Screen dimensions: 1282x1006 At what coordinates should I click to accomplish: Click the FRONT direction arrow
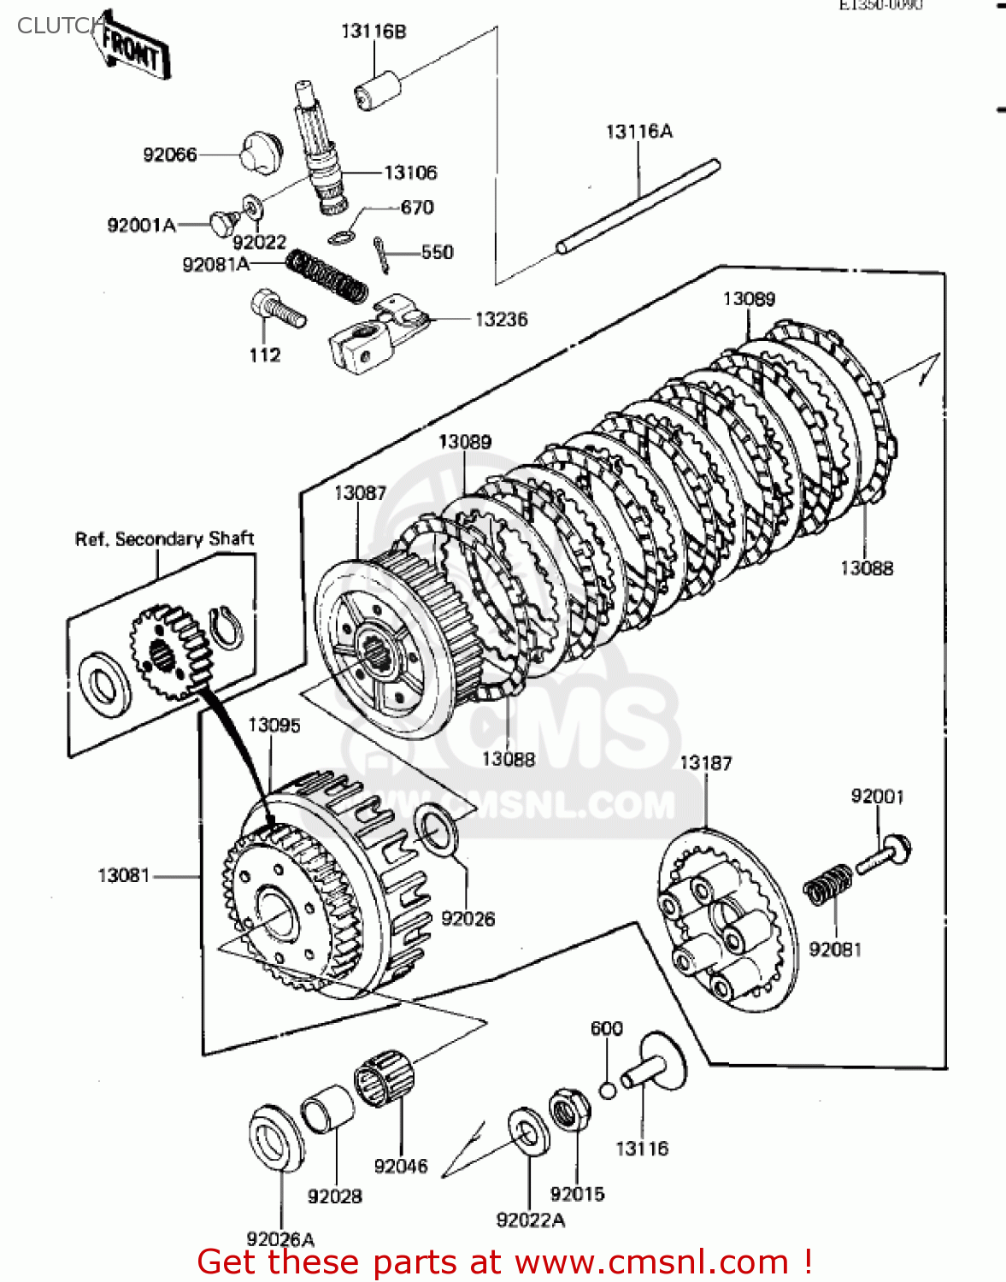tap(132, 49)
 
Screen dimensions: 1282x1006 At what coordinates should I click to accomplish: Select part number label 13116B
tap(374, 32)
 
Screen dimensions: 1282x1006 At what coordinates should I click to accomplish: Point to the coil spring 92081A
tap(327, 275)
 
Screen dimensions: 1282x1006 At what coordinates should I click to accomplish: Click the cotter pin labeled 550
tap(381, 254)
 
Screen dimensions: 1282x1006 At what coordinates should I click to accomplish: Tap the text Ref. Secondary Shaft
tap(164, 538)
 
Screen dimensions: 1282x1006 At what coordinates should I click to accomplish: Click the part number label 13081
tap(123, 875)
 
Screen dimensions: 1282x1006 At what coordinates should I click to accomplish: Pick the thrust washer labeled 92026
tap(436, 827)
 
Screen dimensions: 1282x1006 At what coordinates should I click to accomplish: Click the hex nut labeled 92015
tap(568, 1110)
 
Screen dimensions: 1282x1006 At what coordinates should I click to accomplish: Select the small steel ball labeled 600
tap(607, 1091)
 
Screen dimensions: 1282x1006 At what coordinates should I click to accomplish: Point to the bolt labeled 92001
tap(884, 855)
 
